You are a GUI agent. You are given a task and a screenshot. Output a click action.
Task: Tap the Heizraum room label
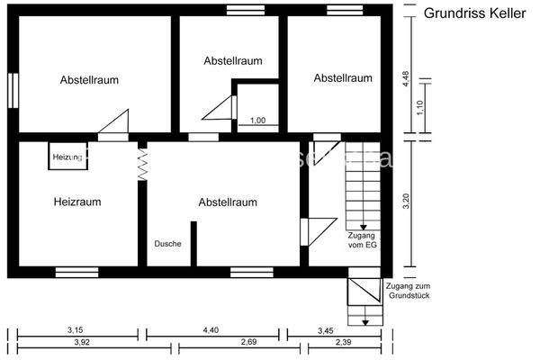coord(76,202)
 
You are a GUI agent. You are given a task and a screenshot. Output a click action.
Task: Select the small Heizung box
coord(67,157)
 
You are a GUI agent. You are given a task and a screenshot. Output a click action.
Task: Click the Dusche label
coord(168,244)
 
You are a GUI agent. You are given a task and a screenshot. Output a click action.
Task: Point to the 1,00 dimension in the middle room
coord(257,121)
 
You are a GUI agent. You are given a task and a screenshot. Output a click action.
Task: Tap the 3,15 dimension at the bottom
coord(76,330)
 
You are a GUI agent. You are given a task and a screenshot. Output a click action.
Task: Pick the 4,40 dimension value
coord(211,330)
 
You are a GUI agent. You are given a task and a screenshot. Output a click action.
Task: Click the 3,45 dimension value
coord(325,330)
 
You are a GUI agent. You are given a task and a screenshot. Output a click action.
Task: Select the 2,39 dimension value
coord(343,343)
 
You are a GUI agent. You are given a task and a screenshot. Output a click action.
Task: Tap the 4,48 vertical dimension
coord(406,77)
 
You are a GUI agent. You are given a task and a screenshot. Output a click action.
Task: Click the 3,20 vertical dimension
coord(406,202)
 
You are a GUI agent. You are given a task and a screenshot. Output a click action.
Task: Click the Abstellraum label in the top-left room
coord(90,80)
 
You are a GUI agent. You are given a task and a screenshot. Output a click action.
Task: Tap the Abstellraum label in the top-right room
coord(343,78)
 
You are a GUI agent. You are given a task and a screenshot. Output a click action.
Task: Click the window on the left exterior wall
coord(13,89)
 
